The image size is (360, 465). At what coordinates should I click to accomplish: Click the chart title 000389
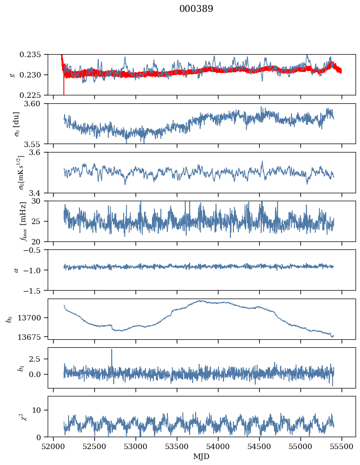coord(196,9)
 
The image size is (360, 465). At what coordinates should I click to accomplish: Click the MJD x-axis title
coord(201,457)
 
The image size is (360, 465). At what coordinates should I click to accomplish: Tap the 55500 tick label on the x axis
coord(342,446)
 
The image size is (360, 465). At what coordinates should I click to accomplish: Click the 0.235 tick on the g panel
coord(35,54)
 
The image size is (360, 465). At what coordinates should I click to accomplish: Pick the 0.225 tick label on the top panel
coord(35,95)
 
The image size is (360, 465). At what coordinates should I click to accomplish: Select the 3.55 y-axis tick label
coord(37,144)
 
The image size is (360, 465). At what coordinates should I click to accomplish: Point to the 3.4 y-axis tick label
coord(39,192)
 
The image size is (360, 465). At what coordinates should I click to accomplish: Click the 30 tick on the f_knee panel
coord(41,201)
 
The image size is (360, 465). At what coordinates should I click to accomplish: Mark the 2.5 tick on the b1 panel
coord(39,358)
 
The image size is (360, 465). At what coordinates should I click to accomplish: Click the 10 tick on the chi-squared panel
coord(41,410)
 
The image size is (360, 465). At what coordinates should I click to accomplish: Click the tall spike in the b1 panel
coord(112,350)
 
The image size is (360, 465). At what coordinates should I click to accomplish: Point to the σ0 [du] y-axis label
coord(16,124)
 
